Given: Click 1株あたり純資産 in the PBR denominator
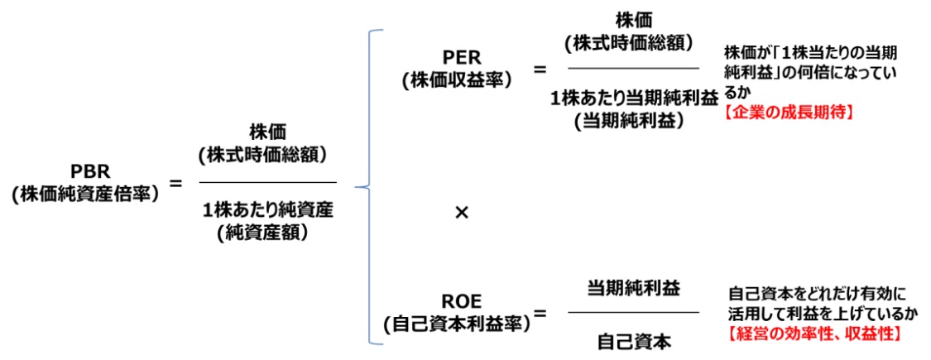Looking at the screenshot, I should point(268,211).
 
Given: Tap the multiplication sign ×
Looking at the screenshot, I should point(462,213).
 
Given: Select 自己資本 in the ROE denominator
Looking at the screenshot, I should point(633,339).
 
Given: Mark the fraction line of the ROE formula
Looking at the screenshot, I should point(633,313).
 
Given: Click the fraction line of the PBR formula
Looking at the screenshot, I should point(268,182).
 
